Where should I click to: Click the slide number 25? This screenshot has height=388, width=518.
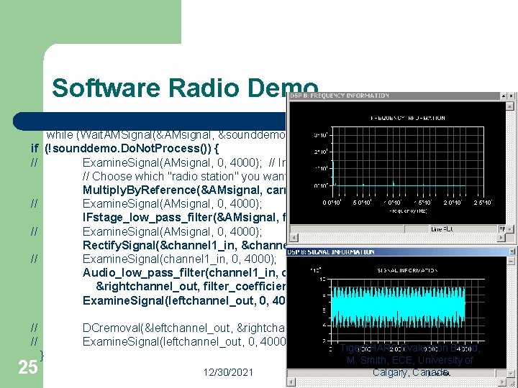coord(28,367)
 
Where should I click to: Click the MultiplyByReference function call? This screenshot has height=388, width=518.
coord(143,190)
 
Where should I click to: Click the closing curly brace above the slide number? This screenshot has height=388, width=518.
coord(42,355)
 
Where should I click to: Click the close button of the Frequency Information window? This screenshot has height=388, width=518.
coord(511,96)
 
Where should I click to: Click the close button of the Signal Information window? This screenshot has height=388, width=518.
coord(511,251)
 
